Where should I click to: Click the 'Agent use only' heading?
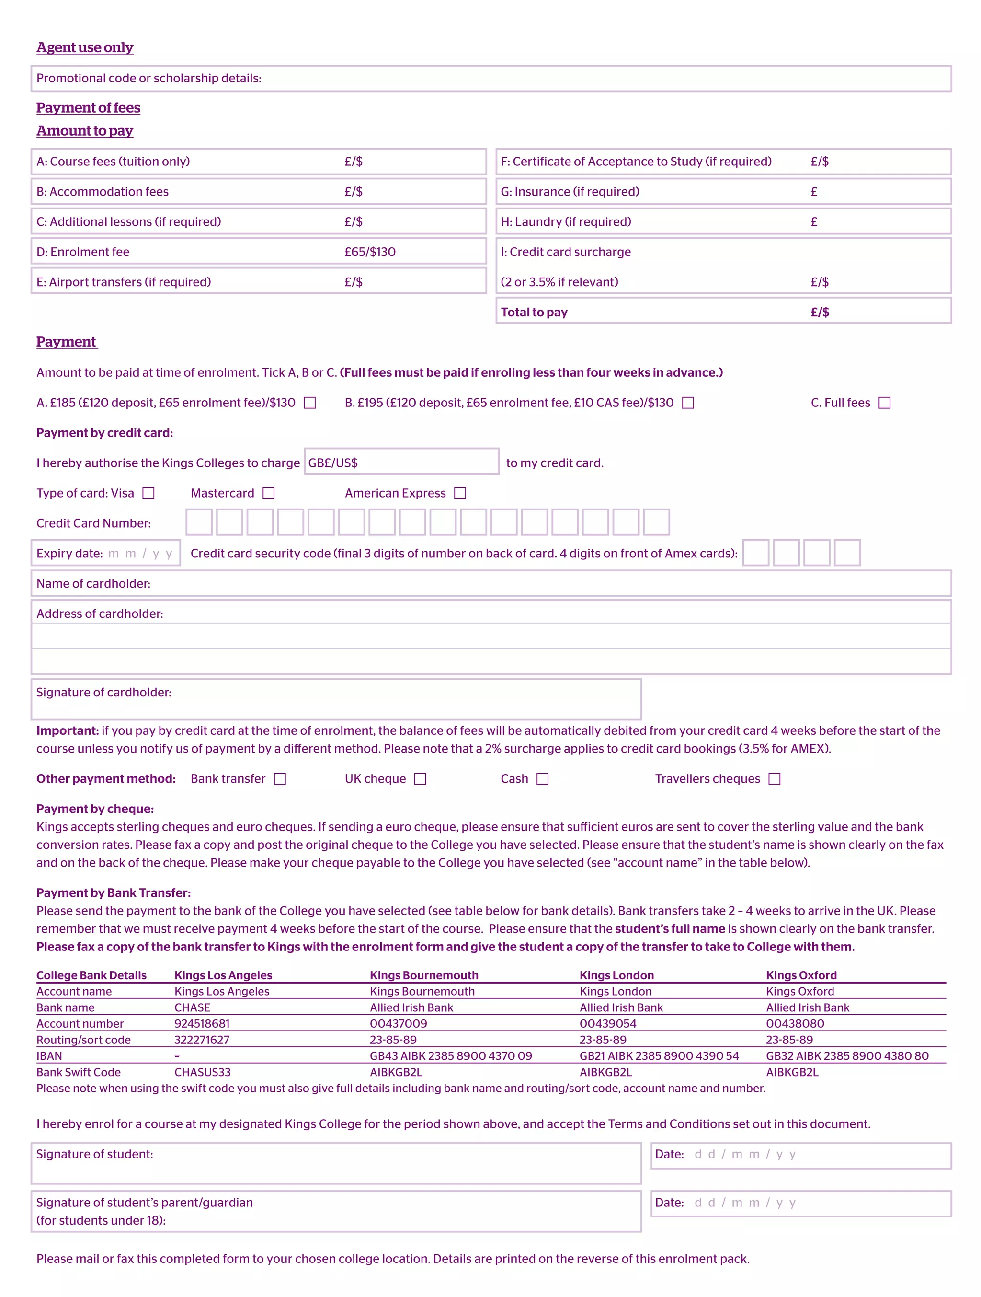(84, 47)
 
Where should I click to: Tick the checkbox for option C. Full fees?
(884, 403)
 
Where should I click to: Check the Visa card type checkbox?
(149, 493)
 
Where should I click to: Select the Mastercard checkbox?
(268, 493)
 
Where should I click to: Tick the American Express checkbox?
(460, 493)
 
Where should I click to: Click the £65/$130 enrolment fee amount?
(370, 252)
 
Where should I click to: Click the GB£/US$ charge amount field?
(401, 463)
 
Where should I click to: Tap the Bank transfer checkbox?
(280, 779)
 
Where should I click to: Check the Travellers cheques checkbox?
(774, 779)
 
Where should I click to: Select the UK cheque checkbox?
(420, 779)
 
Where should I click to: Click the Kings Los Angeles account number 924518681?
(202, 1023)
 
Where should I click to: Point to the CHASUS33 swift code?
(202, 1072)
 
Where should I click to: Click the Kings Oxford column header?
(801, 975)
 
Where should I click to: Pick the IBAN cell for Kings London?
(659, 1055)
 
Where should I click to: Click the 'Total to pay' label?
(534, 313)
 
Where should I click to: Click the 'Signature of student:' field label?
(94, 1154)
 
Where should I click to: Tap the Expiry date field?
(105, 554)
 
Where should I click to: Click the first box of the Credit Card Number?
(199, 522)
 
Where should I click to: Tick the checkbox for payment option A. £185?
(310, 403)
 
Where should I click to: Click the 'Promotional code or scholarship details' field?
(491, 79)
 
